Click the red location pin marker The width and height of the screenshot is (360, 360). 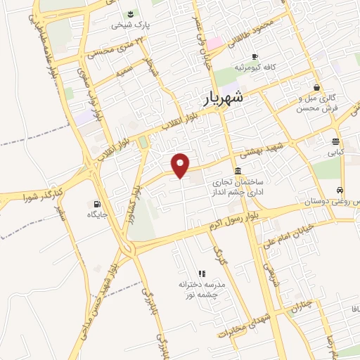[181, 165]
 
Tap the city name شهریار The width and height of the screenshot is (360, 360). [224, 98]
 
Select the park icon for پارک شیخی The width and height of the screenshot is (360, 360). [130, 13]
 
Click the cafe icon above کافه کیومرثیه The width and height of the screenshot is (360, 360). [255, 56]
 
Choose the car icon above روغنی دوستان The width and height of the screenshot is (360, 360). [340, 191]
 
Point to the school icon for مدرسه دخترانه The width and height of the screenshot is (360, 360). [200, 273]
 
